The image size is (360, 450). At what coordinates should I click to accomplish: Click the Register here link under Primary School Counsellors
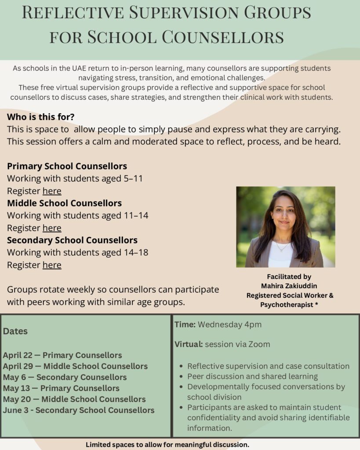point(52,191)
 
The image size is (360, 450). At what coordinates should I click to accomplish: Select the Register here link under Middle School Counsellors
point(52,228)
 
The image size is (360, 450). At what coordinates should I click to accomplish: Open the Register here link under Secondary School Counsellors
point(52,265)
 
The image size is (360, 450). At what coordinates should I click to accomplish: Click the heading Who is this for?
point(41,117)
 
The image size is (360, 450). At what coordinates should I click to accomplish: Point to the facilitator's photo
point(285,227)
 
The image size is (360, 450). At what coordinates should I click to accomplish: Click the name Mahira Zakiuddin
point(289,286)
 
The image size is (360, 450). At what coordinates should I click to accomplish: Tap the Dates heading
point(15,331)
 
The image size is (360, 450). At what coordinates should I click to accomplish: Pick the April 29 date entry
point(75,366)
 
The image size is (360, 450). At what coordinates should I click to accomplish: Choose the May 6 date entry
point(65,377)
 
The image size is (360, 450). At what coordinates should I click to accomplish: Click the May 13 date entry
point(61,388)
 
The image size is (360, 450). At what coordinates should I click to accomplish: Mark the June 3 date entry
point(79,410)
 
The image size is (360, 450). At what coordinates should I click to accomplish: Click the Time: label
point(185,325)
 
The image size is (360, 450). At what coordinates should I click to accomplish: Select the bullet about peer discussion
point(252,376)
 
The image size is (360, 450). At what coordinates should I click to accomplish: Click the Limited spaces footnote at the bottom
point(167,444)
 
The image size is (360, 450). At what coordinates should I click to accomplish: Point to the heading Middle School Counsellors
point(64,203)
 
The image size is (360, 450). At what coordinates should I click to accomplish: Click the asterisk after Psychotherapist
point(316,305)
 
